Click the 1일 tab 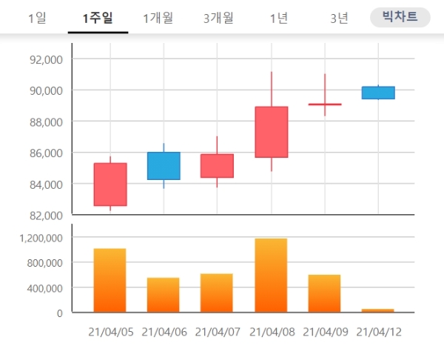pyautogui.click(x=36, y=18)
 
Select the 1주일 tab pyautogui.click(x=98, y=18)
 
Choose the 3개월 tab pyautogui.click(x=218, y=18)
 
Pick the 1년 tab pyautogui.click(x=279, y=18)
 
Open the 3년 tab pyautogui.click(x=339, y=18)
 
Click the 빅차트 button pyautogui.click(x=400, y=17)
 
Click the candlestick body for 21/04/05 pyautogui.click(x=110, y=184)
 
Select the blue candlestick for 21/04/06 pyautogui.click(x=164, y=166)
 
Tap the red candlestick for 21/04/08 pyautogui.click(x=271, y=132)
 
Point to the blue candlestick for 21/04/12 pyautogui.click(x=378, y=93)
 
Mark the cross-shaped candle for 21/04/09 pyautogui.click(x=324, y=104)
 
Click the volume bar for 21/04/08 pyautogui.click(x=271, y=276)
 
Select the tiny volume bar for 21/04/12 pyautogui.click(x=378, y=310)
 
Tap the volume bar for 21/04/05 pyautogui.click(x=110, y=281)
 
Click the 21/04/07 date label pyautogui.click(x=218, y=333)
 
